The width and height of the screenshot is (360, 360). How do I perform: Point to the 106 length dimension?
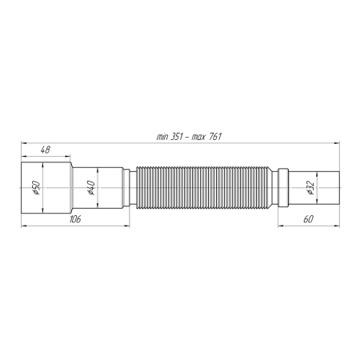(x=74, y=218)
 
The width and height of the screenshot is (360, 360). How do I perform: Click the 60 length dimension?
(x=309, y=218)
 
